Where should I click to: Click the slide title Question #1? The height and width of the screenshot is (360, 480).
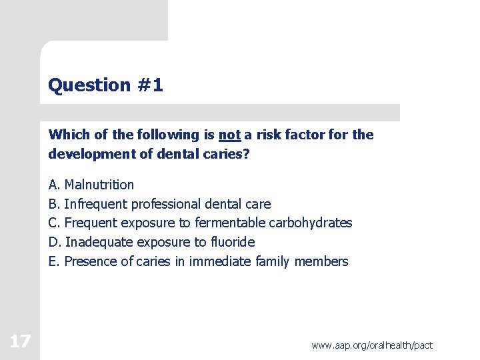tap(105, 85)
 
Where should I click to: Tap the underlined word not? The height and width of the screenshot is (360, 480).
tap(229, 135)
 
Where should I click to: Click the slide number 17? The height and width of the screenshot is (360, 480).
tap(20, 342)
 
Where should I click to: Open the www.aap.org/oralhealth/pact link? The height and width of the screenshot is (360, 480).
tap(371, 345)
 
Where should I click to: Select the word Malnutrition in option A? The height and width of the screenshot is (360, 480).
tap(99, 185)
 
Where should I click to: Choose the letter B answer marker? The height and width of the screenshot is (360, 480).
tap(53, 204)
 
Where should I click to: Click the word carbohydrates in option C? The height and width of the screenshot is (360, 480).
tap(310, 223)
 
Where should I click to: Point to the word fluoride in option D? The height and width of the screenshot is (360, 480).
tap(233, 242)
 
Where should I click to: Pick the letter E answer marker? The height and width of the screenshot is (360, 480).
tap(53, 261)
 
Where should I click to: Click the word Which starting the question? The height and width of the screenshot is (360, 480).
tap(69, 135)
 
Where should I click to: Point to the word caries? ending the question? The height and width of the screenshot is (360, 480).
tap(230, 153)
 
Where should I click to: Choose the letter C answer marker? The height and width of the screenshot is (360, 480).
tap(54, 223)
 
